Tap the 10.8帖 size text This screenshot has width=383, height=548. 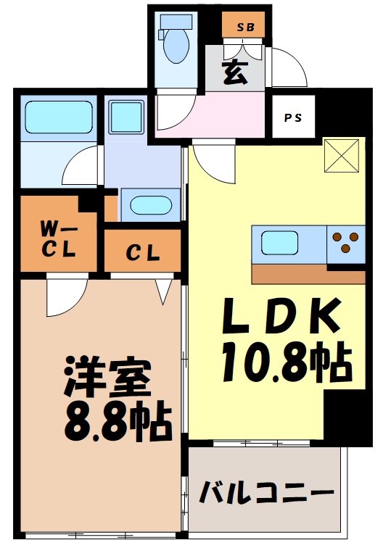click(288, 362)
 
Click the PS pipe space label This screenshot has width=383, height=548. click(294, 117)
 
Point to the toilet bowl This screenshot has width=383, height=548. click(175, 44)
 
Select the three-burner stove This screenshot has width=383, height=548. click(346, 242)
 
